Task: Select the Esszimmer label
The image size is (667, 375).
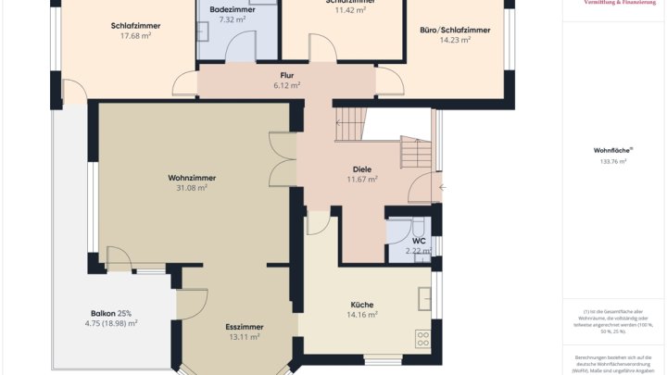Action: coord(245,327)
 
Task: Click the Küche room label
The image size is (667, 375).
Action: coord(361,304)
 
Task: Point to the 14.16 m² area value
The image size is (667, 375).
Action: coord(361,315)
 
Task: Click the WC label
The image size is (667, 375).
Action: coord(419,241)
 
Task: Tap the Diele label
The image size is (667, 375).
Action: coord(362,169)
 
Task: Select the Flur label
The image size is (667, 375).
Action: coord(287,75)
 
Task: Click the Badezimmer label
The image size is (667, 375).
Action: coord(226,8)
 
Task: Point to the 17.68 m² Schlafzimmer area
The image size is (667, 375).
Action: coord(135,37)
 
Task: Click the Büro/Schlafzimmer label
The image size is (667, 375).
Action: coord(455,30)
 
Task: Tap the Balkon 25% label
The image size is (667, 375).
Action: coord(111,312)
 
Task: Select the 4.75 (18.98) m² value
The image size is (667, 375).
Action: coord(111,323)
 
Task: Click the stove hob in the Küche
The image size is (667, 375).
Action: coord(423,339)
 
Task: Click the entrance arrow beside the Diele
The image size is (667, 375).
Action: coord(442,188)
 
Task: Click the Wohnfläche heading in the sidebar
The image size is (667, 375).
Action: coord(612,150)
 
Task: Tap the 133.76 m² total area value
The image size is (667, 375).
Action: coord(612,161)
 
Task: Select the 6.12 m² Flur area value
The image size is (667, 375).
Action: coord(287,85)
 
